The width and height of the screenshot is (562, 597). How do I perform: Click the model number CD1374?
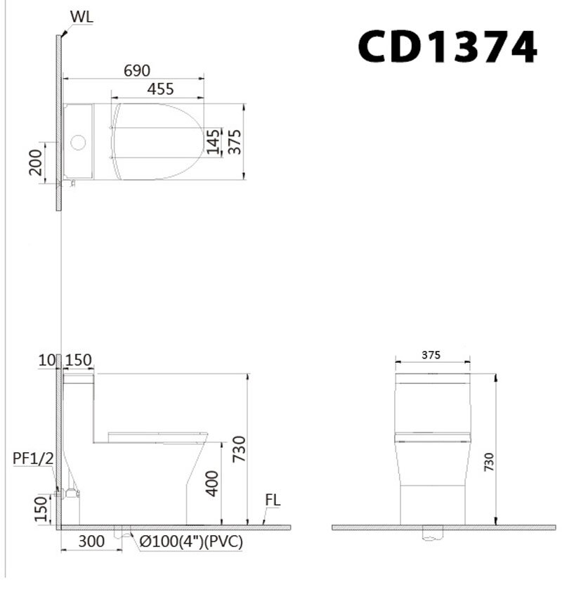point(447,49)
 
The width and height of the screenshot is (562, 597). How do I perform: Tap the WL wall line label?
point(81,16)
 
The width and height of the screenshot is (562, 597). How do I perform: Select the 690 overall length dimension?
point(137,70)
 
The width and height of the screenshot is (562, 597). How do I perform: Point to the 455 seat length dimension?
point(160,89)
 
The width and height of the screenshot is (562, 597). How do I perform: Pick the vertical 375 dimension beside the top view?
point(234,141)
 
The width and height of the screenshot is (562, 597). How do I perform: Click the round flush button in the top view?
point(78,143)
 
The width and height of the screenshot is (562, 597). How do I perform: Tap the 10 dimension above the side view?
point(47,360)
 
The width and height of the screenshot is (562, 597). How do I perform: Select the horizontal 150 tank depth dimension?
point(78,360)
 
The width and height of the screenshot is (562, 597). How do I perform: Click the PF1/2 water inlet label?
point(33,458)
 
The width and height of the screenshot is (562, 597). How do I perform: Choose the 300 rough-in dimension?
point(91,541)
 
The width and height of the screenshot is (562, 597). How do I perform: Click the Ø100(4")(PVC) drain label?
point(191,541)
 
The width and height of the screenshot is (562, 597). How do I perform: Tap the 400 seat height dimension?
point(213,483)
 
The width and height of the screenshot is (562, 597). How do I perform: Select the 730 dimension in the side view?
point(239,450)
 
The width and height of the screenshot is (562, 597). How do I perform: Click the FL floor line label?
point(273,501)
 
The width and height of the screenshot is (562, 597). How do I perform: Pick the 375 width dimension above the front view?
point(431,355)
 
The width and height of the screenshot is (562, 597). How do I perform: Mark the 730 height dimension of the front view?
point(489,461)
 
